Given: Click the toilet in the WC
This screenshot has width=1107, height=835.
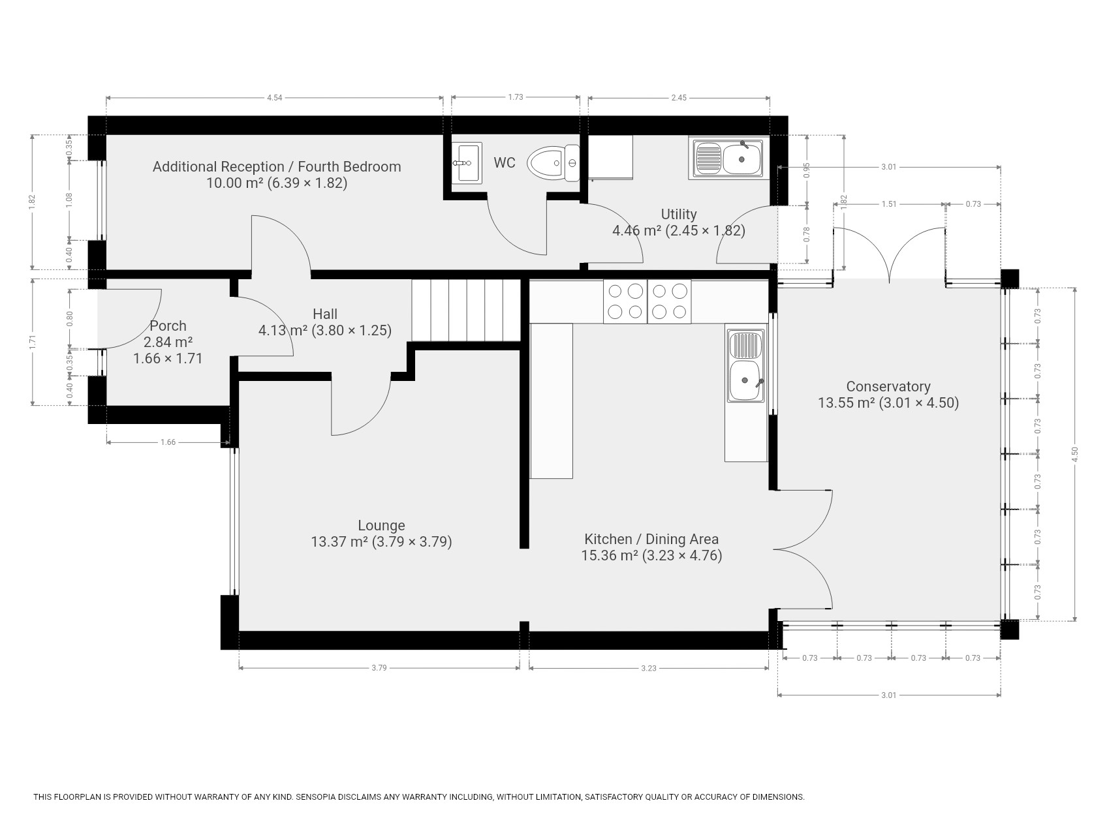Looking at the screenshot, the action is pyautogui.click(x=553, y=163).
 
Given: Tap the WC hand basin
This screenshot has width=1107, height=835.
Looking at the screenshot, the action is pyautogui.click(x=467, y=162).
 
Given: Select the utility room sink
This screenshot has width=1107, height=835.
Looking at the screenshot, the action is pyautogui.click(x=726, y=157).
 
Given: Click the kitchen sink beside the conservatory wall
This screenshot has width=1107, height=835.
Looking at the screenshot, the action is pyautogui.click(x=746, y=365).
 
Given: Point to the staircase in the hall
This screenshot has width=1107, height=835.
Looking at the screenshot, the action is pyautogui.click(x=465, y=311).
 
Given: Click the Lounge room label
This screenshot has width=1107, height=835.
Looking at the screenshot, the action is pyautogui.click(x=381, y=525).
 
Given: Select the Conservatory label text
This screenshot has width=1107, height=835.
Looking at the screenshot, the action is pyautogui.click(x=888, y=387).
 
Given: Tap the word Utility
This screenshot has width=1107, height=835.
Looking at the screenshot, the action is pyautogui.click(x=679, y=214).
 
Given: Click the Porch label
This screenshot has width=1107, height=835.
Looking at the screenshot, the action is pyautogui.click(x=168, y=326).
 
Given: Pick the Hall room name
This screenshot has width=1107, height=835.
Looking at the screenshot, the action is pyautogui.click(x=325, y=314).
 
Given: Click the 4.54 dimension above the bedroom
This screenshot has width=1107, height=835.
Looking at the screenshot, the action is pyautogui.click(x=274, y=98).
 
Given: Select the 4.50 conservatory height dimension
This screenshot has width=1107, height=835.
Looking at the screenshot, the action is pyautogui.click(x=1074, y=454).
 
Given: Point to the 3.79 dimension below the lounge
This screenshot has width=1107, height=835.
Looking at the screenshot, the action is pyautogui.click(x=379, y=667).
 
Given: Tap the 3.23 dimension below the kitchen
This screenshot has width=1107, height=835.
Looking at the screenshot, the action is pyautogui.click(x=648, y=667).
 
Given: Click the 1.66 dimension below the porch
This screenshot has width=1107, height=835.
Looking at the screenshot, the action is pyautogui.click(x=168, y=442).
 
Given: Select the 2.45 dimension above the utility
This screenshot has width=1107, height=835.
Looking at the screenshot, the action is pyautogui.click(x=679, y=98).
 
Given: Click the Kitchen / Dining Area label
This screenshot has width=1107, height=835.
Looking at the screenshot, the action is pyautogui.click(x=651, y=539).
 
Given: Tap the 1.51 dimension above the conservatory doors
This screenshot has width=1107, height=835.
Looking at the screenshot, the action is pyautogui.click(x=889, y=204).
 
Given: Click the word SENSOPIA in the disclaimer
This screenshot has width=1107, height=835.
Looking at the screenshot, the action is pyautogui.click(x=319, y=797).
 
